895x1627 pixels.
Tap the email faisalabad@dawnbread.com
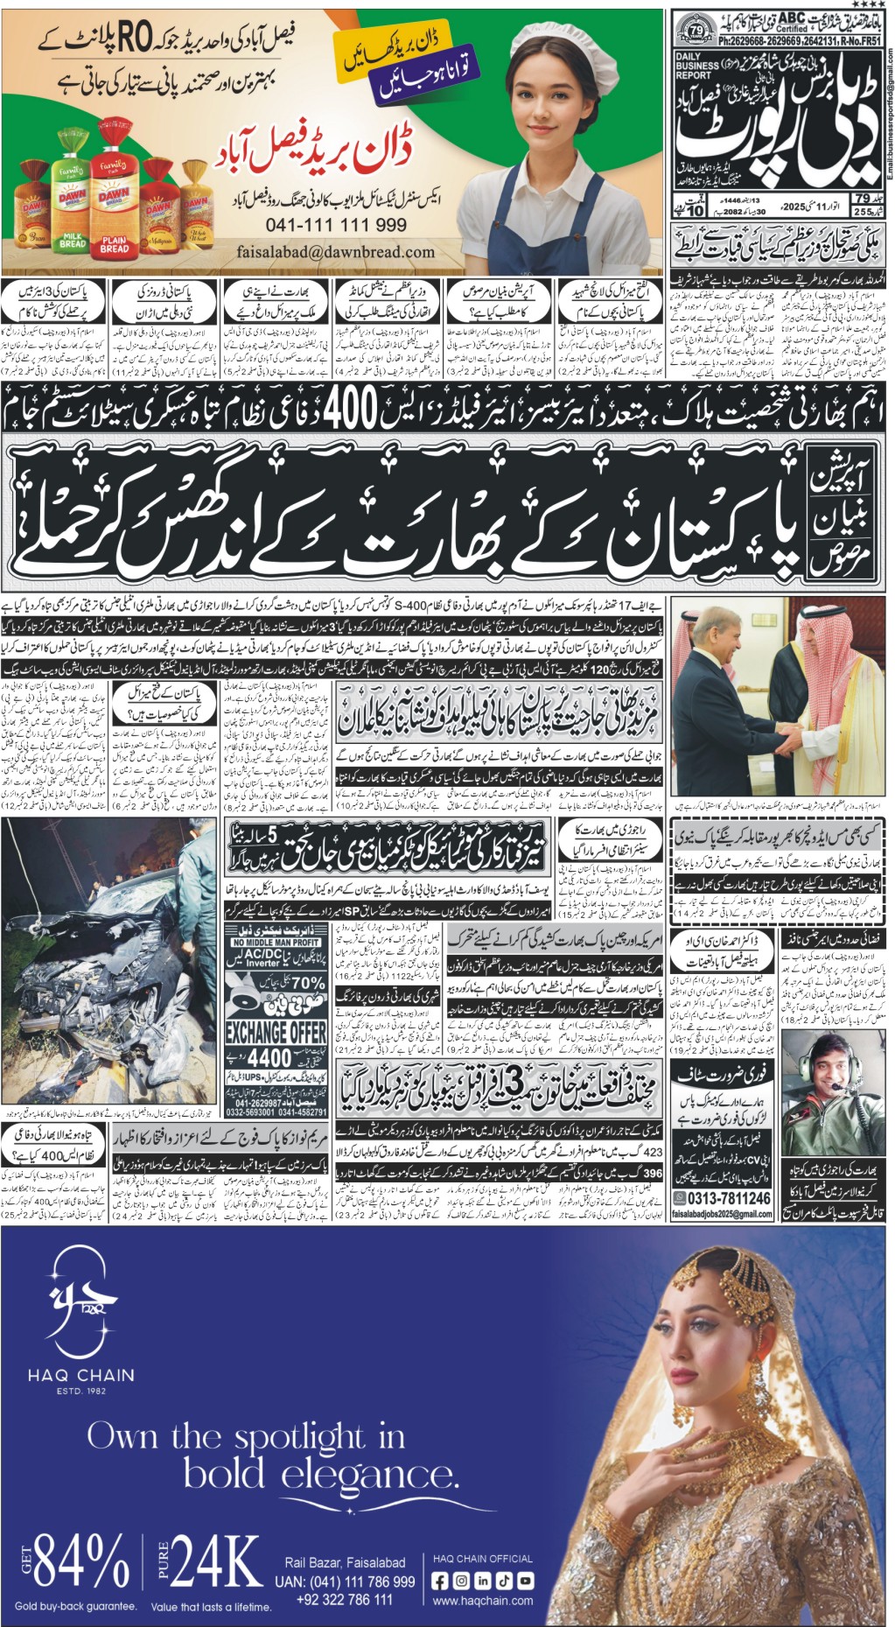(x=335, y=252)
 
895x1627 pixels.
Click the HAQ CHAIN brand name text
(x=80, y=1376)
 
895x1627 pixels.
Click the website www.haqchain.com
(x=482, y=1601)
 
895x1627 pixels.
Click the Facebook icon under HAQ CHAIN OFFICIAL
(x=440, y=1581)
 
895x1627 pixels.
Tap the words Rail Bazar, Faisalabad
(x=345, y=1562)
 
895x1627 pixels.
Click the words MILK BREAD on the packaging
(x=73, y=240)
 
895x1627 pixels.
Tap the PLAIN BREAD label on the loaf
(x=115, y=244)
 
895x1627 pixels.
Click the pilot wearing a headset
(x=826, y=1089)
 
